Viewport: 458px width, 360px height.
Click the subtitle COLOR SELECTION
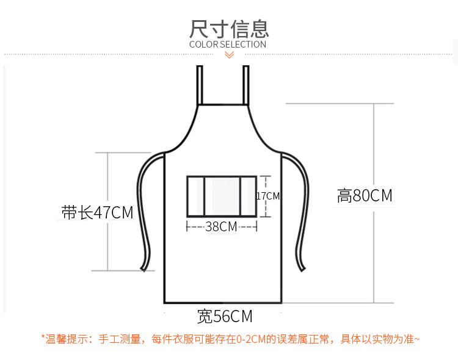228,44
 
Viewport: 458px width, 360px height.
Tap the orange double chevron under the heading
229,55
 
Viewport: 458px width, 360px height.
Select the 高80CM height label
365,196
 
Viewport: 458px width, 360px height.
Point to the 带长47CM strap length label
98,213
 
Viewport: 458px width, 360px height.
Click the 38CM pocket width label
221,226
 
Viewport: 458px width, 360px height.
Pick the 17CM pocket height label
268,196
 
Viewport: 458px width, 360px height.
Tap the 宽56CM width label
225,317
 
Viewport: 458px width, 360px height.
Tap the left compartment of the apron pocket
195,196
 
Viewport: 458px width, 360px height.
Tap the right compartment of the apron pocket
249,196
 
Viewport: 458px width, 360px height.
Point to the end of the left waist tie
144,266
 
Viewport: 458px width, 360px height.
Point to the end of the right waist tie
302,265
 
